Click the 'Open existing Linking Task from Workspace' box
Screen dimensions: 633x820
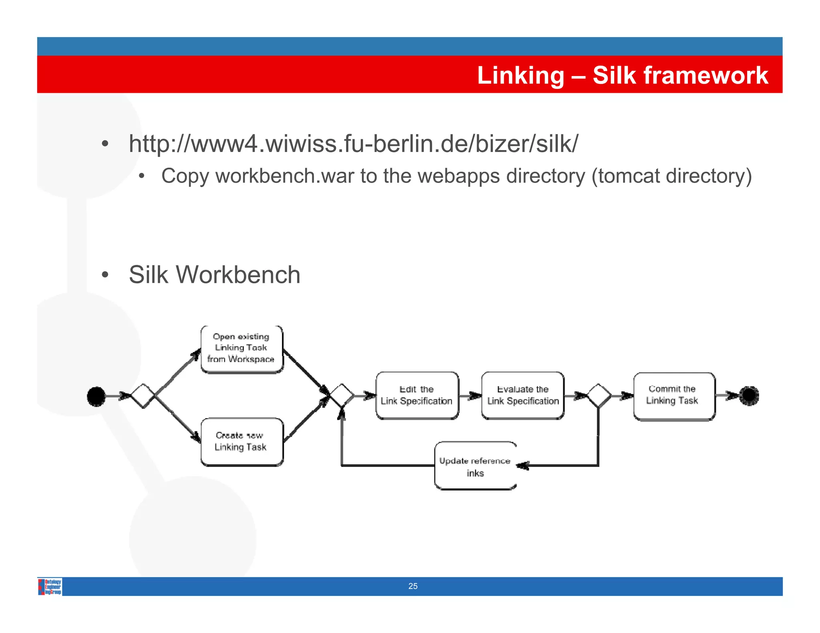point(242,349)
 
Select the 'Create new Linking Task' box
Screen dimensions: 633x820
point(242,442)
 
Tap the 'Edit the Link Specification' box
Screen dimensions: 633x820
point(417,395)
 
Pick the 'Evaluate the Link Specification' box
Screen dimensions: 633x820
point(523,395)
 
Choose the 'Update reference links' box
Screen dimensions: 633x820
point(475,466)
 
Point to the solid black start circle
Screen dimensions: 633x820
point(96,396)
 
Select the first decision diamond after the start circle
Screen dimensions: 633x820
point(143,396)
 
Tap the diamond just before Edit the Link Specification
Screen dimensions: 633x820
point(342,396)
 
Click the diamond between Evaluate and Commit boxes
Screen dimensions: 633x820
point(599,396)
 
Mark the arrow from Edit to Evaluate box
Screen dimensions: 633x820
point(470,396)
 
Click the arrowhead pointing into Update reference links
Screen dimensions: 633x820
point(523,465)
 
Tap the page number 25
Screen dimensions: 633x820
point(413,586)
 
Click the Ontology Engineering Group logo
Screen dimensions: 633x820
point(50,587)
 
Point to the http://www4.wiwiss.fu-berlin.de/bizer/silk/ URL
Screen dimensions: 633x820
point(353,144)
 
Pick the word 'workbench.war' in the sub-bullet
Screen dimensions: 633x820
point(285,176)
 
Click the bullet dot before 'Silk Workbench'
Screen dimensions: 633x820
point(105,275)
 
